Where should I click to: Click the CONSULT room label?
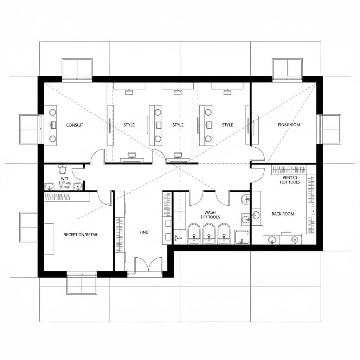(75, 125)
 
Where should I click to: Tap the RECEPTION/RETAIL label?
(81, 234)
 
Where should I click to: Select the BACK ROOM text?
(283, 214)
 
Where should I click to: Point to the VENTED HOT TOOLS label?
(290, 180)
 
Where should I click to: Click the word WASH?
(210, 212)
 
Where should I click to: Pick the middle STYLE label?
(178, 125)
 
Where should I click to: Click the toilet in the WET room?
(63, 169)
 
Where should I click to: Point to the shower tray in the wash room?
(242, 237)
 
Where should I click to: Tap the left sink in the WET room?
(49, 186)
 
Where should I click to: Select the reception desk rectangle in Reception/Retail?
(49, 239)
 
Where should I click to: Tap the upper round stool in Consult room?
(52, 112)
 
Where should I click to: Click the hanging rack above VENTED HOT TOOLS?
(289, 170)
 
